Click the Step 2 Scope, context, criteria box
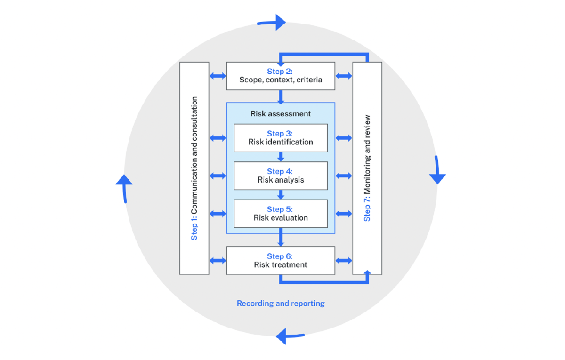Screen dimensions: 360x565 tap(281, 76)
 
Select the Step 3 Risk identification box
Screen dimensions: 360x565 tap(281, 138)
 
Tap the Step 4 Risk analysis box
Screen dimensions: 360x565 tap(281, 176)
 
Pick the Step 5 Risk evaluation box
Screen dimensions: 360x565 tap(281, 213)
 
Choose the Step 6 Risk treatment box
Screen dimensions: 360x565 tap(281, 260)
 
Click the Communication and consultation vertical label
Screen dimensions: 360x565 tap(194, 168)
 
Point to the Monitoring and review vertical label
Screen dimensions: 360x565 tap(367, 168)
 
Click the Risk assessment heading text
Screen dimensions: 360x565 tap(281, 113)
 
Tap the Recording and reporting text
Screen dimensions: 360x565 tap(281, 304)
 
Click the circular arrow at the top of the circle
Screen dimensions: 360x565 tap(273, 22)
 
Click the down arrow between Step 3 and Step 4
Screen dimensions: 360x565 tap(281, 157)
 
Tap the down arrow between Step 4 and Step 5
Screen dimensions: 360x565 tap(281, 194)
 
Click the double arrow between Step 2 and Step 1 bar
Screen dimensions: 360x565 tap(218, 76)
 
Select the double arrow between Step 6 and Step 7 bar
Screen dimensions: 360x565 tap(344, 260)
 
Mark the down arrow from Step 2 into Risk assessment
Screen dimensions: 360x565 tap(281, 97)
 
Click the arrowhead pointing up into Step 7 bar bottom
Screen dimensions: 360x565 tap(367, 272)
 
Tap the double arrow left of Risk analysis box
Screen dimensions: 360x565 tap(218, 176)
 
